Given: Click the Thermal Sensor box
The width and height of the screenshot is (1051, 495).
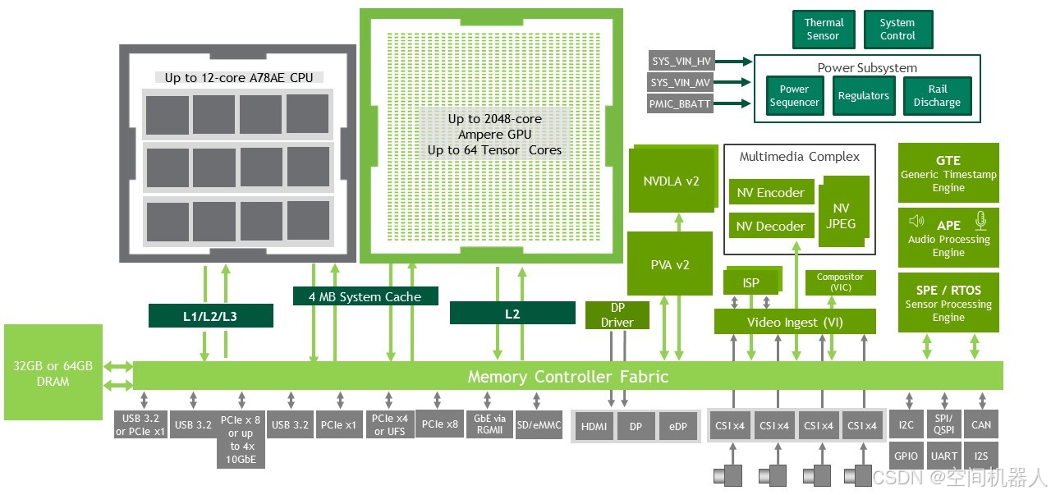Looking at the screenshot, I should click(823, 30).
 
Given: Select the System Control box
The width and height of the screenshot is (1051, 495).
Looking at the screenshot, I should click(897, 30).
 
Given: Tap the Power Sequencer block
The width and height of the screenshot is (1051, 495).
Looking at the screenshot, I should click(794, 96).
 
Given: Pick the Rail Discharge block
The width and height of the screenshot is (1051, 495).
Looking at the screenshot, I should click(937, 96).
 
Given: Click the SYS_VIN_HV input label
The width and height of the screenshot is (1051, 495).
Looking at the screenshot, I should click(682, 61).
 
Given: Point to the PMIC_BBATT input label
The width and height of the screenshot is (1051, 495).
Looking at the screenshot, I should click(682, 103).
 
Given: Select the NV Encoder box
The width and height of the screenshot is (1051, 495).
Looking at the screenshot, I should click(770, 193).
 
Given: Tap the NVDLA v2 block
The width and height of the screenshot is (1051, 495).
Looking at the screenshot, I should click(671, 181).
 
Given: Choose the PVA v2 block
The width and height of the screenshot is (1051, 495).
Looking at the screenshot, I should click(669, 264).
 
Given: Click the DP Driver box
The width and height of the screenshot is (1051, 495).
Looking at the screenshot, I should click(617, 316).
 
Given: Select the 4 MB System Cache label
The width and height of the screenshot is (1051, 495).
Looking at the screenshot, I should click(365, 296).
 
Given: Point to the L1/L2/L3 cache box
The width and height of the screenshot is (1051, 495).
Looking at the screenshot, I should click(210, 315).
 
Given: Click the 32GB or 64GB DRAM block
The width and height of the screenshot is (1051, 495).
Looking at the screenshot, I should click(53, 374).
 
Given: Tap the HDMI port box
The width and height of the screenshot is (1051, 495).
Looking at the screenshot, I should click(594, 427).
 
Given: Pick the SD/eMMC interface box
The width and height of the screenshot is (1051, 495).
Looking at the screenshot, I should click(539, 424).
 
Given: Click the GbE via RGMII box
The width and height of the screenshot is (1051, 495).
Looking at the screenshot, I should click(489, 424).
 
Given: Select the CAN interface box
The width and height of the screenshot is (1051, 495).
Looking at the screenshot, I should click(981, 425).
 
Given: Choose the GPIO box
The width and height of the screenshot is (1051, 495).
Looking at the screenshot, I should click(906, 456).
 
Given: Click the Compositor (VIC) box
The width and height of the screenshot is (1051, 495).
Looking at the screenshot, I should click(840, 282).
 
